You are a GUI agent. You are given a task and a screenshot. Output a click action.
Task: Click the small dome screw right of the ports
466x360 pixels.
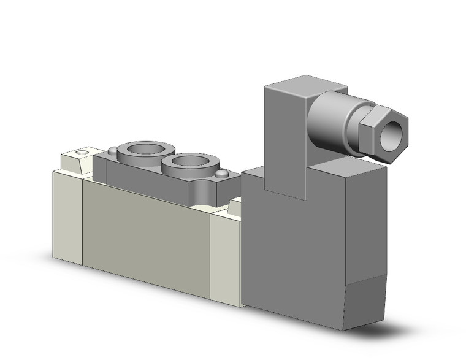220,175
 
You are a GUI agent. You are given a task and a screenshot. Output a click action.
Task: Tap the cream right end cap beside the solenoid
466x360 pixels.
225,258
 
